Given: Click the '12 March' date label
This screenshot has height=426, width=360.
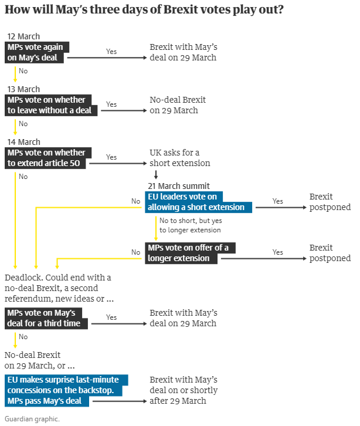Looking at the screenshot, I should [23, 36].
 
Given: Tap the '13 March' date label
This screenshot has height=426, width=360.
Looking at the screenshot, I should [23, 89].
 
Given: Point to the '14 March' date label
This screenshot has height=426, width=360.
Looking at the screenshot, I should [23, 142].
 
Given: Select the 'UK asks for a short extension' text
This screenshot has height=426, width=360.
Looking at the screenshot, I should [179, 158].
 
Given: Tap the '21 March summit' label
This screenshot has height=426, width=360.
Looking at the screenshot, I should [179, 186].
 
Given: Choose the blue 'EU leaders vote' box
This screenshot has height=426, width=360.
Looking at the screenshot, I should [199, 202].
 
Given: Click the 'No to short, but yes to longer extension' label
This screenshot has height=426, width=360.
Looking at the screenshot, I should [191, 226].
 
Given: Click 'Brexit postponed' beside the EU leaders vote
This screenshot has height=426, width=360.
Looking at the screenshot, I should [330, 202].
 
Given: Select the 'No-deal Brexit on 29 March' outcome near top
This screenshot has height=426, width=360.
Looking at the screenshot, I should [178, 105].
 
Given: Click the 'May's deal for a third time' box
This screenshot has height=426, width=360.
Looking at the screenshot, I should [46, 318].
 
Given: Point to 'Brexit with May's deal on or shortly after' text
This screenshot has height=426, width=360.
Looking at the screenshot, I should [184, 390].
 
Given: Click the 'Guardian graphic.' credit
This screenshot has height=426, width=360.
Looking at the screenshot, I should [32, 419].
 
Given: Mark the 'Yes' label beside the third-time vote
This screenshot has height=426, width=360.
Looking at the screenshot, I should [111, 317].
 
